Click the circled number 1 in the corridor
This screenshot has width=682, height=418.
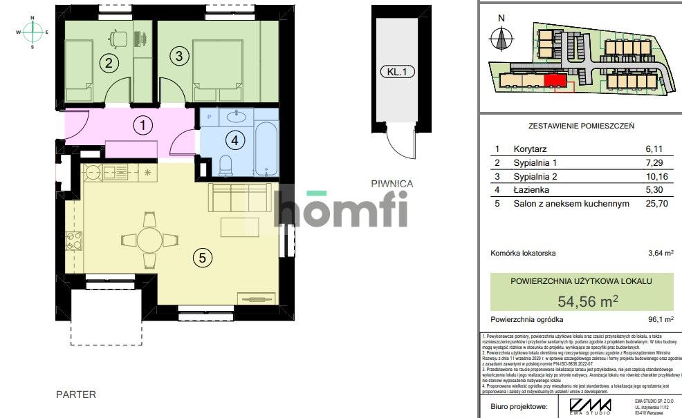point(142,126)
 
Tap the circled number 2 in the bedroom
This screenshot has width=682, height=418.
point(107,64)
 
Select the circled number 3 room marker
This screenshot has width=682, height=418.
point(178,57)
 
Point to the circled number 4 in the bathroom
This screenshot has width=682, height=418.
point(234,141)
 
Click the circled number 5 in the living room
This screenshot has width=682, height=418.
point(201,258)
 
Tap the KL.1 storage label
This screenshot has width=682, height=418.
point(396,71)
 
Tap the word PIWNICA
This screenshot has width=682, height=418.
point(391,184)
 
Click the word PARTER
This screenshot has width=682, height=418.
point(76,395)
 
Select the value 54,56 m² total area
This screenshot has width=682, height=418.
point(587,301)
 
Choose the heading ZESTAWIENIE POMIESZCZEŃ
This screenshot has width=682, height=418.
point(581,126)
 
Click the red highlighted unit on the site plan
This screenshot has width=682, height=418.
point(554,82)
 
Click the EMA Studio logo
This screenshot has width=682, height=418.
point(590,406)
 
